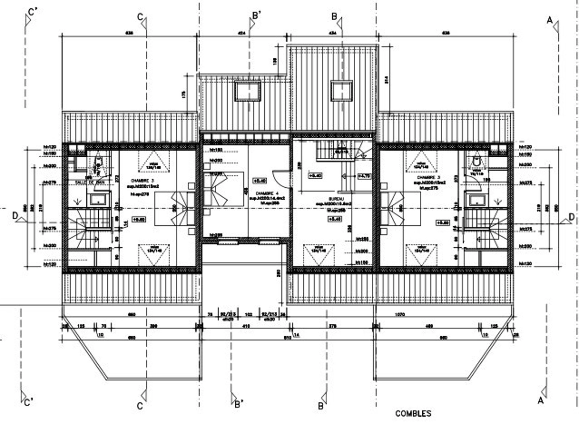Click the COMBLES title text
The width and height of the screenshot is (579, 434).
pos(413,413)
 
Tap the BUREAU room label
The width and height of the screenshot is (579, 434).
pos(333,199)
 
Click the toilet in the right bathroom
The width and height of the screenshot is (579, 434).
pos(476,162)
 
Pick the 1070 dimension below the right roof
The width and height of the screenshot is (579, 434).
pos(400,315)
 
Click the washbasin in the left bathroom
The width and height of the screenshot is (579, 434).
pos(98,199)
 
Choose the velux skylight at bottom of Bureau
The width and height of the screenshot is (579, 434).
pos(319,255)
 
